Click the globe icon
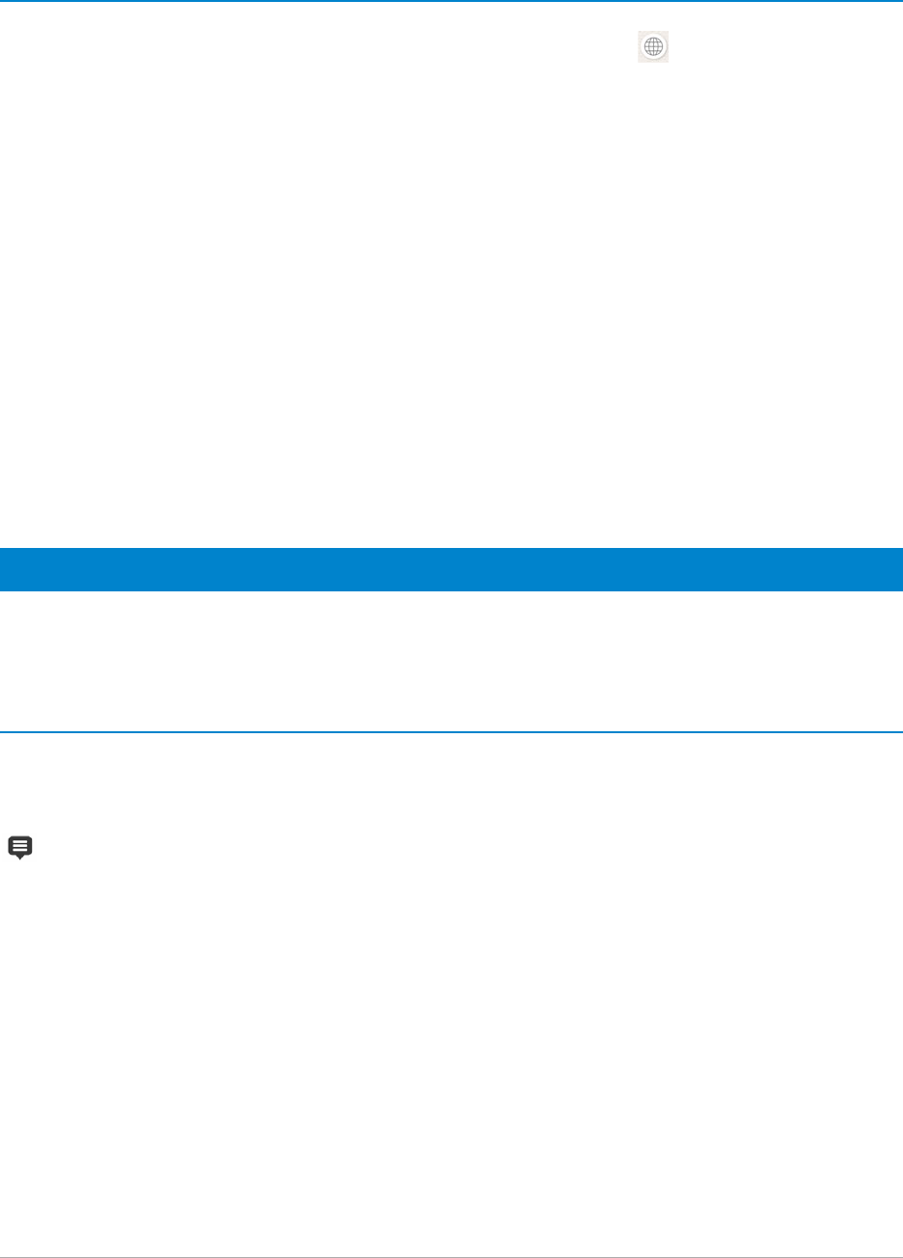pos(654,47)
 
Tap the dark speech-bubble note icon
pos(20,847)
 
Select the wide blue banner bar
pos(451,569)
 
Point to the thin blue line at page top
pos(451,1)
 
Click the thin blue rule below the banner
pos(451,731)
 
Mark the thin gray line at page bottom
pos(451,1257)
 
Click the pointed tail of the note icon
pos(20,858)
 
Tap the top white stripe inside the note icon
pos(20,842)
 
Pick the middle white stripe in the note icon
pos(20,846)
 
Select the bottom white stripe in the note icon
pos(20,850)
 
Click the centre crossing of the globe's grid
pos(654,47)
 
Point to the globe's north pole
pos(654,38)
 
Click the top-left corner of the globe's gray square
pos(639,32)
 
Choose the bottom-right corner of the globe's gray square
pos(670,63)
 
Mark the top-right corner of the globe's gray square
pos(670,32)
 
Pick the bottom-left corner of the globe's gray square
pos(639,63)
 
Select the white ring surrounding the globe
pos(643,47)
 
